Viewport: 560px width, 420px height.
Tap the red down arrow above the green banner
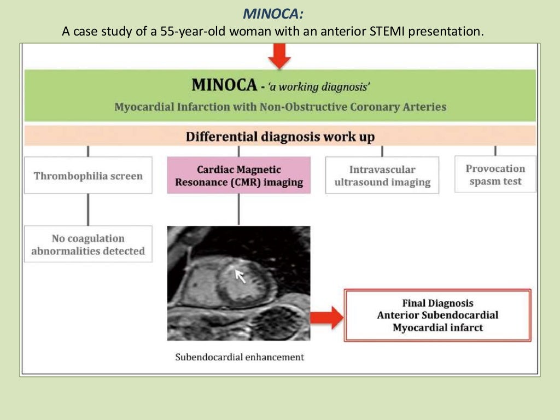point(279,55)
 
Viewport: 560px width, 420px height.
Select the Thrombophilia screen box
point(88,176)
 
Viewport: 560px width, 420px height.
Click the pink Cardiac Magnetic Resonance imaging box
point(238,176)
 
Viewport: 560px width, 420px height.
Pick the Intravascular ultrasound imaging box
point(382,176)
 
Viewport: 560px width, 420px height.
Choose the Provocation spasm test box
point(495,174)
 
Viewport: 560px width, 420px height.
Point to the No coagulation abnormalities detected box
point(88,244)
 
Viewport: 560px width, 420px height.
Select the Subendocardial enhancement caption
point(240,357)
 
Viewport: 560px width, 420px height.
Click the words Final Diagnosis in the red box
point(437,303)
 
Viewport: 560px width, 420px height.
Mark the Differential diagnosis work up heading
point(280,136)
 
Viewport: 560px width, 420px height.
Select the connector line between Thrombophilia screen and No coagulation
point(88,209)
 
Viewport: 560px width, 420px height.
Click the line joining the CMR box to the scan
point(238,209)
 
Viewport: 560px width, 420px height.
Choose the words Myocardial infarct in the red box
point(437,328)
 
